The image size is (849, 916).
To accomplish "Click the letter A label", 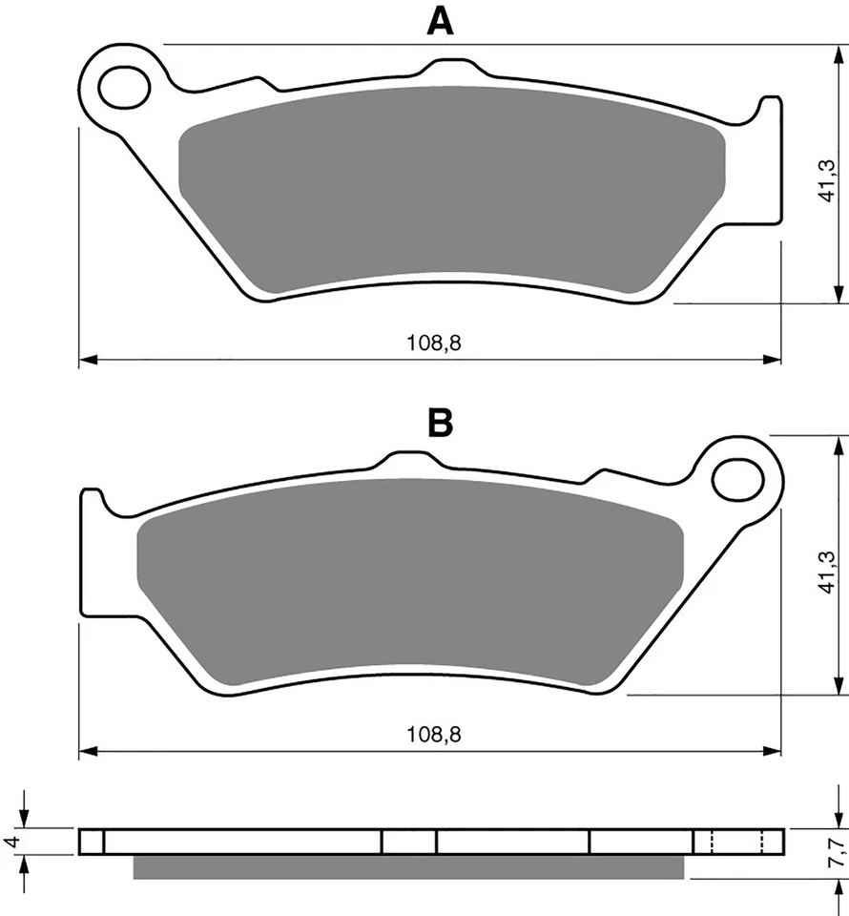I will [x=439, y=20].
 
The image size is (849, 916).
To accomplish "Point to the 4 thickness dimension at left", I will [x=12, y=842].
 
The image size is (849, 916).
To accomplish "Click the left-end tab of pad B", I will [x=92, y=506].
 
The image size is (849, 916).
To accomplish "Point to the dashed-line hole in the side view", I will [x=737, y=842].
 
